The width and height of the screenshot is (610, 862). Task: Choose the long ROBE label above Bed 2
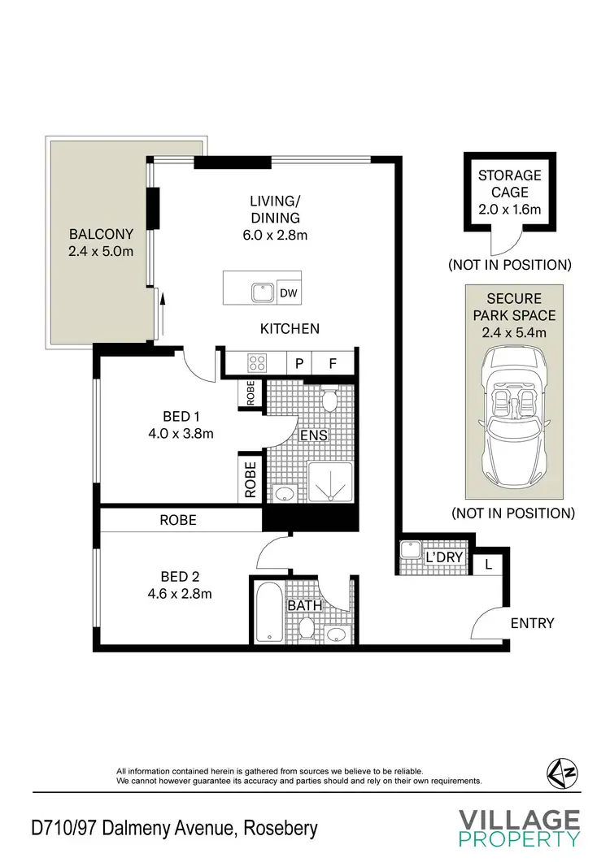pyautogui.click(x=178, y=520)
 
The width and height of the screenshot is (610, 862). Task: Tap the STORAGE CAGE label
pyautogui.click(x=509, y=184)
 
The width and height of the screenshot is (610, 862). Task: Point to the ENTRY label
pyautogui.click(x=532, y=623)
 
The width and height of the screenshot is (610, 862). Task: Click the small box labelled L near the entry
pyautogui.click(x=488, y=563)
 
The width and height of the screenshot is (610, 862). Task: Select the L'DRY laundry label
pyautogui.click(x=445, y=557)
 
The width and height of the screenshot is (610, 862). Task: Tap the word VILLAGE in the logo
pyautogui.click(x=519, y=820)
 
